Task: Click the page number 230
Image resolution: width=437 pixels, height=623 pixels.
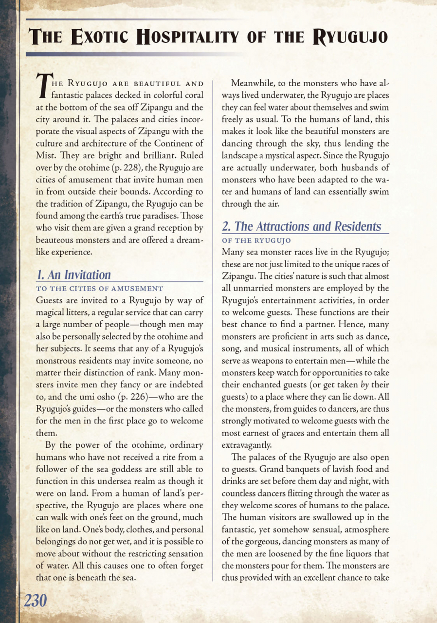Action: tap(36, 601)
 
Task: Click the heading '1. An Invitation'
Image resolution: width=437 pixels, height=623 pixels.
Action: tap(73, 275)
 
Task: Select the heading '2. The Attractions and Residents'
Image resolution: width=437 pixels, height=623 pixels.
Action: tap(301, 226)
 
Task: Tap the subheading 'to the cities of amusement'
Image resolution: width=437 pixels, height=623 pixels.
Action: tap(100, 289)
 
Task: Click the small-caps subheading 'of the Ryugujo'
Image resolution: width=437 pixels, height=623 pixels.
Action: tap(256, 240)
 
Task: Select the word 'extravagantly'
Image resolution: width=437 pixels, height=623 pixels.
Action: tap(247, 445)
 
